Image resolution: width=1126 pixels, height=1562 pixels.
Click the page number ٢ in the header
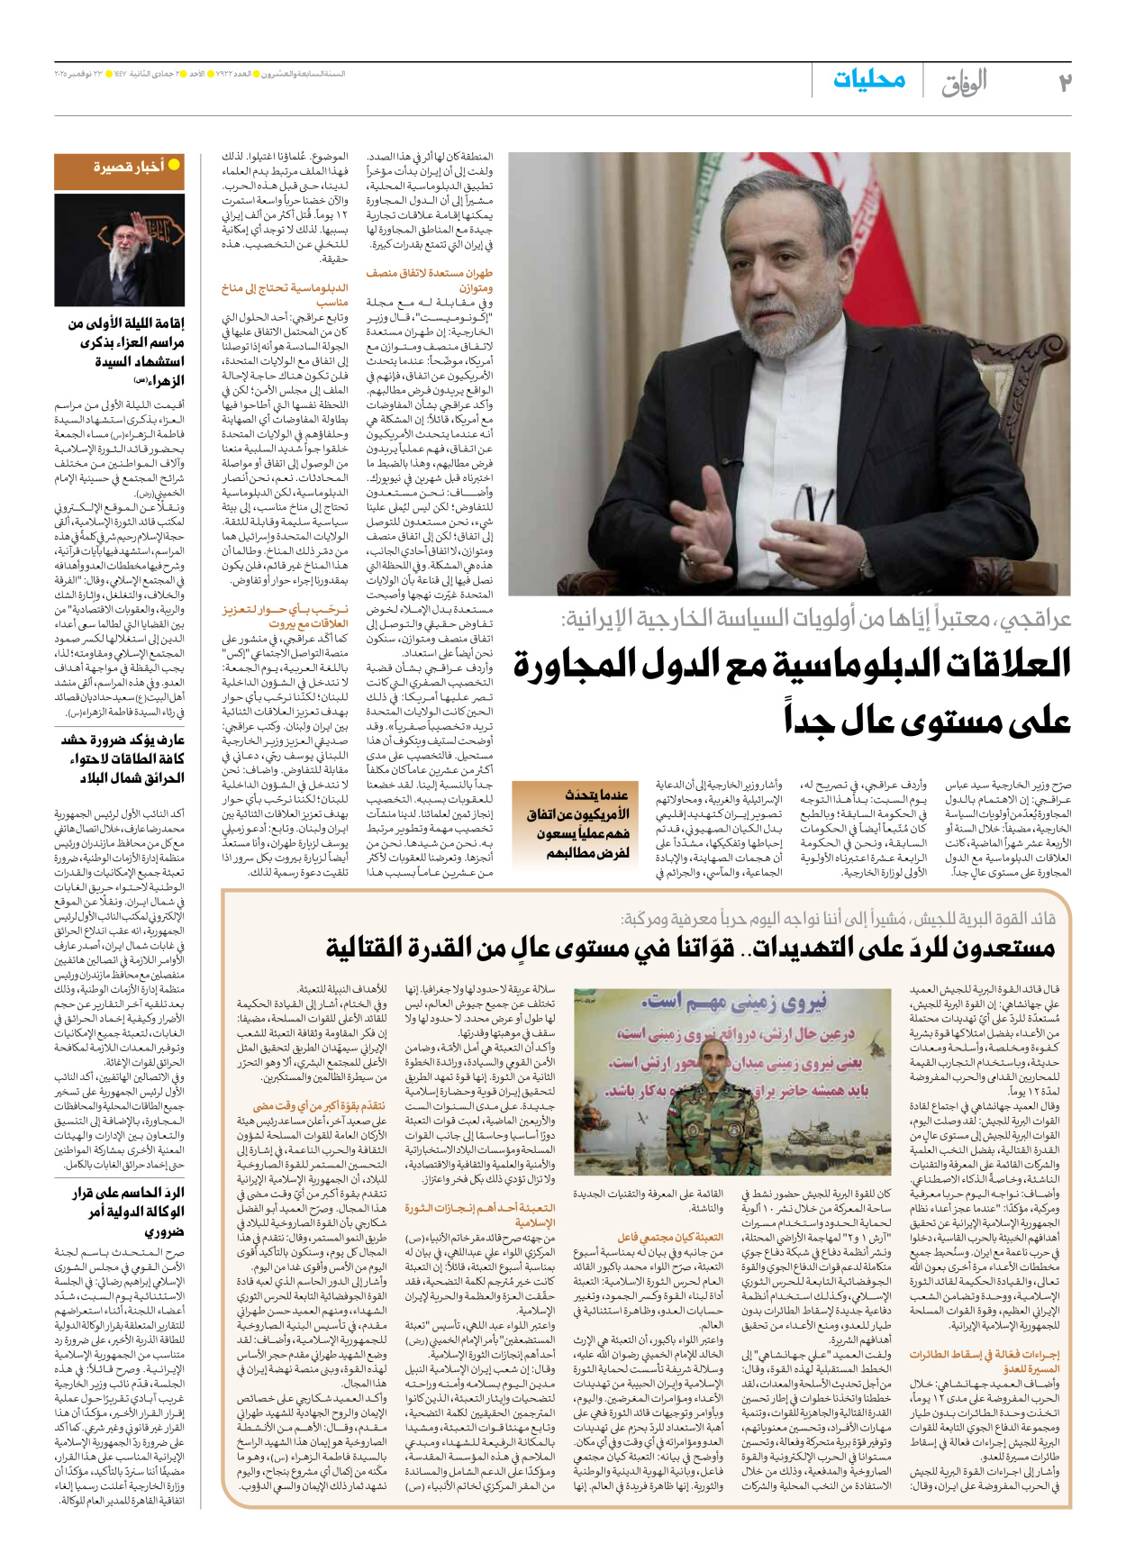(1064, 82)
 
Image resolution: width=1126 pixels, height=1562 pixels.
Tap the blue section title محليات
(868, 79)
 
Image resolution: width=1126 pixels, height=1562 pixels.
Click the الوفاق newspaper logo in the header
(963, 82)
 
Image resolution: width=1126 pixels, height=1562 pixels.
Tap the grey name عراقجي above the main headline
(1032, 619)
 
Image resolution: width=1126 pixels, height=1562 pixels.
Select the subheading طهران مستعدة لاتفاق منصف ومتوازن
(430, 280)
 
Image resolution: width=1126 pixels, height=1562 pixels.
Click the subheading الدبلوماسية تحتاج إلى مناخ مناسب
(285, 295)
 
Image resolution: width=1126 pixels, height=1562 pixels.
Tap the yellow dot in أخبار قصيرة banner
(174, 165)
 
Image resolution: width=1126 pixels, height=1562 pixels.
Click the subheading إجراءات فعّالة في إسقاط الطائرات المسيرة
(985, 1361)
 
